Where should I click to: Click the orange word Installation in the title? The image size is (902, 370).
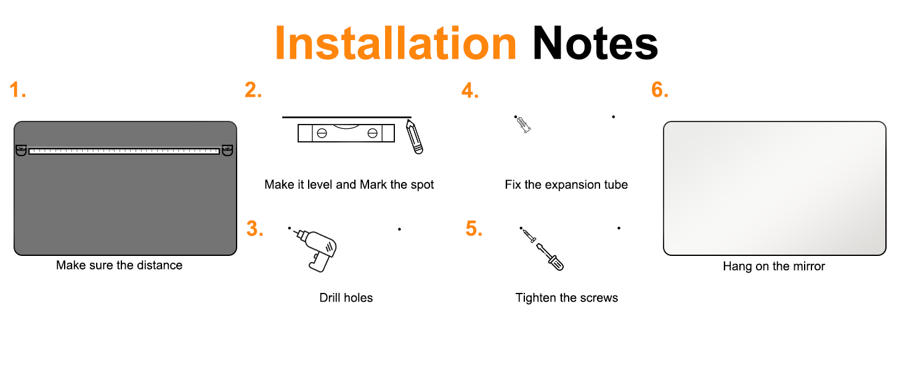[396, 43]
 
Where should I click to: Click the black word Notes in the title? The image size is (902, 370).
[595, 43]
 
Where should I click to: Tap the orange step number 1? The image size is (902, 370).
[17, 89]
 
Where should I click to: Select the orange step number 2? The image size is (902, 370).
[253, 89]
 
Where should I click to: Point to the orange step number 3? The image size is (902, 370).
[255, 229]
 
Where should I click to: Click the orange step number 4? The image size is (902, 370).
[470, 90]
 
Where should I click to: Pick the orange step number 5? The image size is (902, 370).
[474, 229]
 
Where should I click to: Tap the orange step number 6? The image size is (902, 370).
[660, 89]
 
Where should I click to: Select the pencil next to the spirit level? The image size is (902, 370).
[415, 136]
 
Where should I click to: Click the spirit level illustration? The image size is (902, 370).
[346, 133]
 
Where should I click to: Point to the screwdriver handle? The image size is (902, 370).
[556, 263]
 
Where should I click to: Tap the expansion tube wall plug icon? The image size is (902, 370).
[524, 125]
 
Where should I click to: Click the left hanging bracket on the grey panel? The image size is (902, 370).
[21, 150]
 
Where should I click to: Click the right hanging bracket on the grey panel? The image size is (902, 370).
[227, 150]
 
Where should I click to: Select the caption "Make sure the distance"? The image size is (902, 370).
[119, 265]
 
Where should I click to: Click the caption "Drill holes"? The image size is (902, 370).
[346, 298]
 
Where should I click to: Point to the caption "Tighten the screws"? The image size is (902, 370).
[567, 298]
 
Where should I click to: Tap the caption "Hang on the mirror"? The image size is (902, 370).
[774, 266]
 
